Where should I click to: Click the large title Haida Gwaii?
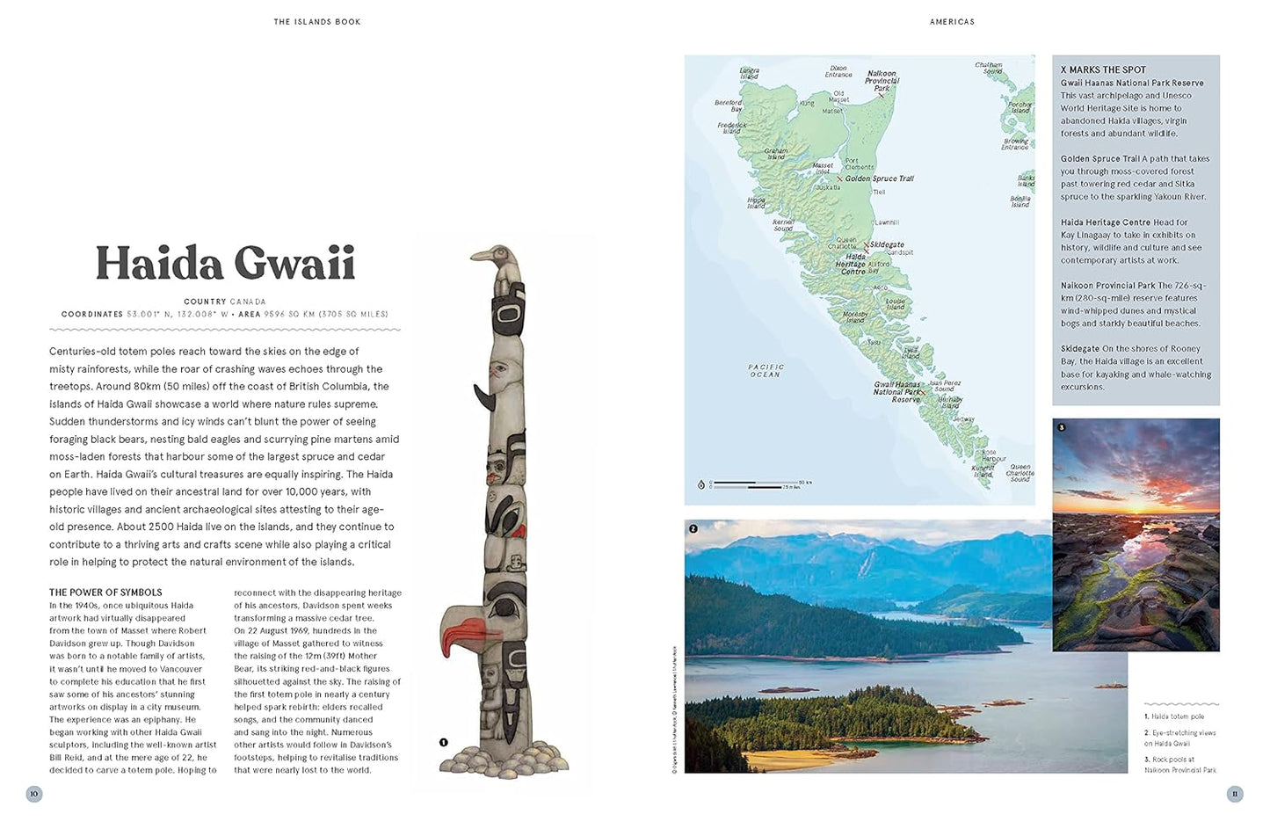(225, 264)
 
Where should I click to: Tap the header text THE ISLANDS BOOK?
(316, 22)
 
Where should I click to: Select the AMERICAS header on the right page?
(952, 22)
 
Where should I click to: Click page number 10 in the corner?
(34, 794)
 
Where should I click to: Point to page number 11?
(1235, 794)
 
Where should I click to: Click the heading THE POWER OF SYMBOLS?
(105, 593)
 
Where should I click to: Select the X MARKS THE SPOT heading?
(1103, 69)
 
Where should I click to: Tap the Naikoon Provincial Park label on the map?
(882, 81)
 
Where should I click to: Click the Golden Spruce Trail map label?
(879, 178)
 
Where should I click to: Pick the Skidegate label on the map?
(887, 245)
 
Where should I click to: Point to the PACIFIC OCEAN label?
(766, 370)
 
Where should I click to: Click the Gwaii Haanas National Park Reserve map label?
(896, 392)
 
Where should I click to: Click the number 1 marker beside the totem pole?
(443, 742)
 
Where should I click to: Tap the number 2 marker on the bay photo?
(693, 528)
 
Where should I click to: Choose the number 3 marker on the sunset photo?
(1061, 427)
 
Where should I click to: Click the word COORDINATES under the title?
(92, 314)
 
